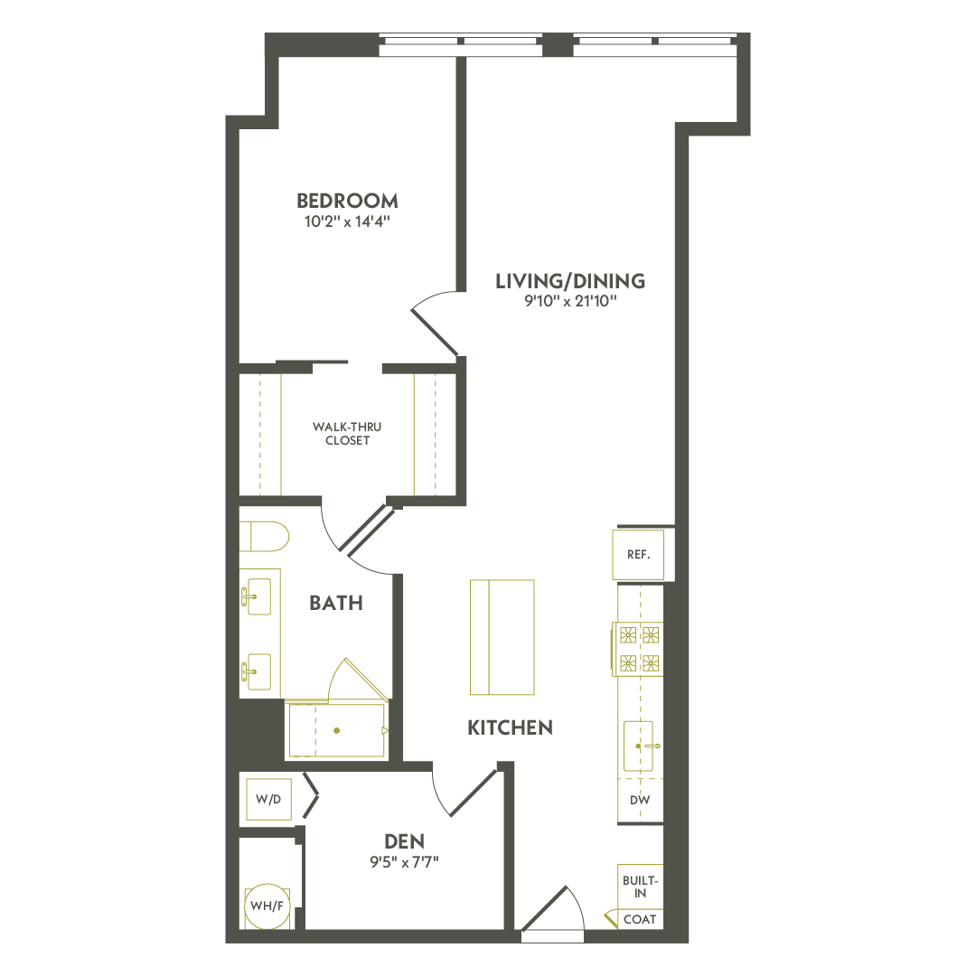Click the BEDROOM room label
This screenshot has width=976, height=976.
[347, 201]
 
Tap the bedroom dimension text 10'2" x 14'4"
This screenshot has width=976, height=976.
[347, 221]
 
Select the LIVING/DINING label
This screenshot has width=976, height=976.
[570, 281]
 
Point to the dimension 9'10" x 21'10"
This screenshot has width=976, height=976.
[570, 301]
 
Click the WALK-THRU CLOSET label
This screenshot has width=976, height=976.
[341, 433]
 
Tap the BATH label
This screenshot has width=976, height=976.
[336, 603]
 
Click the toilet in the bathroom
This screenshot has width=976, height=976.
[263, 536]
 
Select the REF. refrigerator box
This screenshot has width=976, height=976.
[638, 555]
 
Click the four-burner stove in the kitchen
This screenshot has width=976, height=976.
[638, 648]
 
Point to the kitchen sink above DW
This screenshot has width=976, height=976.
[640, 746]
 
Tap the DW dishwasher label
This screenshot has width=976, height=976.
[640, 801]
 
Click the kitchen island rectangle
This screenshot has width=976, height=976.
[502, 637]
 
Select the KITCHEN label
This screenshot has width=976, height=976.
[510, 727]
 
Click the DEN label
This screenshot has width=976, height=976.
[404, 841]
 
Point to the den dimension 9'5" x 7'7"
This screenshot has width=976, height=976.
[404, 861]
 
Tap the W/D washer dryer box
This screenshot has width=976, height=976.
[268, 799]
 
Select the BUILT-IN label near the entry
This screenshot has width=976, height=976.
[641, 886]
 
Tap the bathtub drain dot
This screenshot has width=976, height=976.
[336, 730]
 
